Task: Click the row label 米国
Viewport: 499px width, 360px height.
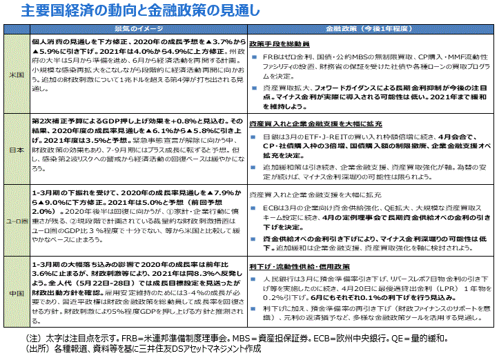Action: pyautogui.click(x=14, y=73)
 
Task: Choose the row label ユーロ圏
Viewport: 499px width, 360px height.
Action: pyautogui.click(x=14, y=221)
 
